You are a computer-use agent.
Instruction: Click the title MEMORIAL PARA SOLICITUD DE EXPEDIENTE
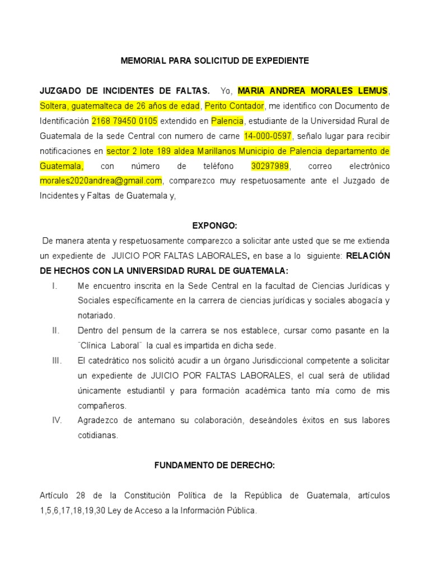(214, 60)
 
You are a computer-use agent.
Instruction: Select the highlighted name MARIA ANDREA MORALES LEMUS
(312, 91)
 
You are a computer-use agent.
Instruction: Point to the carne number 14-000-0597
(268, 136)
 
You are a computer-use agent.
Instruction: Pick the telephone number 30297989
(271, 166)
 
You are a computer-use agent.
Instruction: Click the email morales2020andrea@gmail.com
(101, 181)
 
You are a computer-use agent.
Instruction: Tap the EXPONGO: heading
(215, 226)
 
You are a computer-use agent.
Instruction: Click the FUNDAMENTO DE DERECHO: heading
(215, 466)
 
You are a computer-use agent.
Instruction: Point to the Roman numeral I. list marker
(54, 286)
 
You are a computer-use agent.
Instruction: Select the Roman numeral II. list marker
(55, 331)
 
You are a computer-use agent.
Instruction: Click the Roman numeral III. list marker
(57, 360)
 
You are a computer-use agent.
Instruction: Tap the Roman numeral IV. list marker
(57, 420)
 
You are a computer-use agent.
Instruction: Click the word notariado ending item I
(96, 316)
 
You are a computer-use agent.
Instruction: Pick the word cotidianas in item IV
(97, 435)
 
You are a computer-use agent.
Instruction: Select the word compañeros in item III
(101, 406)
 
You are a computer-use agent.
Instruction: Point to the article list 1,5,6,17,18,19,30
(71, 510)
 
